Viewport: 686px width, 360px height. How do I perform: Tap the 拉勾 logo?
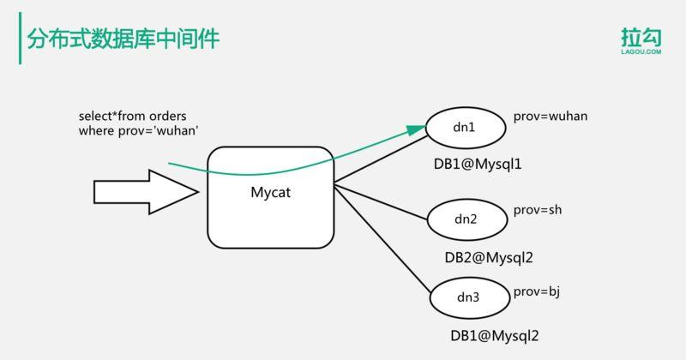coord(641,36)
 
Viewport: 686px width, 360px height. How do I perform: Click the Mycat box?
coord(270,198)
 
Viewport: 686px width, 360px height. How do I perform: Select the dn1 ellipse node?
coord(464,128)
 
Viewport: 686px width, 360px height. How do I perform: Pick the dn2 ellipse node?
coord(466,219)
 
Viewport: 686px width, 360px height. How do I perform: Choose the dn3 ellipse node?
coord(468,298)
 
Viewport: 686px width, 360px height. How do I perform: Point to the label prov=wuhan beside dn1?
coord(550,116)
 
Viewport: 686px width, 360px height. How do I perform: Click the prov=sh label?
coord(538,210)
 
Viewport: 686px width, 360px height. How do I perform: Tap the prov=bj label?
coord(536,292)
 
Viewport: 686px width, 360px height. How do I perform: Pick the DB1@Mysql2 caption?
coord(494,336)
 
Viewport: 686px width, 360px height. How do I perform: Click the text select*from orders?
coord(132,116)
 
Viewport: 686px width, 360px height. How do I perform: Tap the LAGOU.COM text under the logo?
coord(641,52)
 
